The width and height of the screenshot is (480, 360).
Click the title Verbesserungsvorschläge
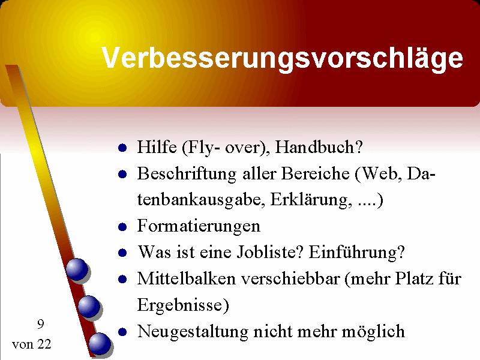[282, 58]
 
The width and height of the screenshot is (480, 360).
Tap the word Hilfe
[157, 147]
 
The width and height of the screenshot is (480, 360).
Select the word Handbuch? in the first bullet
[319, 147]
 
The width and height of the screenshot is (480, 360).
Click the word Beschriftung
[187, 174]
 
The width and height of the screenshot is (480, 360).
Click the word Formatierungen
[199, 227]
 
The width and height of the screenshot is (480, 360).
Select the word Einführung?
[356, 253]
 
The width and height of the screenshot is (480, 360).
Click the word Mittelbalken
[187, 279]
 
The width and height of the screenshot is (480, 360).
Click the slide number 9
[41, 324]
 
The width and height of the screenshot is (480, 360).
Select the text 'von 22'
[32, 344]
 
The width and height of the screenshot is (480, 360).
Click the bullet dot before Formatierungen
[122, 227]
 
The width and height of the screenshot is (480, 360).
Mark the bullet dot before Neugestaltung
[122, 332]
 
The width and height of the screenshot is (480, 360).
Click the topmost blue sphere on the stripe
[77, 269]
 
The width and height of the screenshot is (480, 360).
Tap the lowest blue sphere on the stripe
[100, 344]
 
